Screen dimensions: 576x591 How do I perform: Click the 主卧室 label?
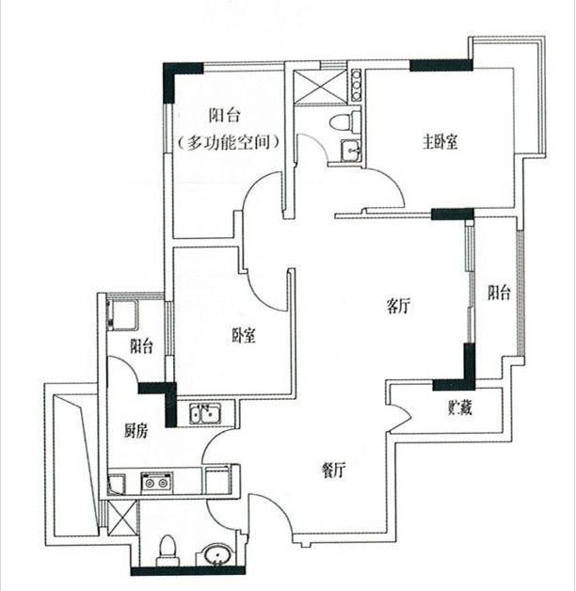pyautogui.click(x=440, y=142)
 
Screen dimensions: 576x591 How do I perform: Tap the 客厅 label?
pyautogui.click(x=398, y=306)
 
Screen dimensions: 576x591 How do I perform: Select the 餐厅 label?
pyautogui.click(x=333, y=471)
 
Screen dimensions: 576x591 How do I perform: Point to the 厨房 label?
pyautogui.click(x=136, y=430)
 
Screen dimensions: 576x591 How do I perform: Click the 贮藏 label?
pyautogui.click(x=460, y=407)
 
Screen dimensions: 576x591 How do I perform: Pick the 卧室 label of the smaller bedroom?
pyautogui.click(x=243, y=335)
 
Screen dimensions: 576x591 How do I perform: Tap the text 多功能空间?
pyautogui.click(x=229, y=142)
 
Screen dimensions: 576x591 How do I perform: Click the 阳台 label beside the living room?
pyautogui.click(x=499, y=293)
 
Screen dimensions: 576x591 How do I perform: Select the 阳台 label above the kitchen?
pyautogui.click(x=142, y=346)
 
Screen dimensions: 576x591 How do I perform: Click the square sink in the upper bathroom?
pyautogui.click(x=351, y=151)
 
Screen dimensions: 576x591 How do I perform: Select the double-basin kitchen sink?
pyautogui.click(x=205, y=413)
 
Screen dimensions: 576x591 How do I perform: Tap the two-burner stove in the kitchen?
pyautogui.click(x=157, y=482)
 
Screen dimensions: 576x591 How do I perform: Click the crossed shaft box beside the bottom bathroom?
pyautogui.click(x=122, y=518)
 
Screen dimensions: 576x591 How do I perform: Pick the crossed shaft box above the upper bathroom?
pyautogui.click(x=320, y=86)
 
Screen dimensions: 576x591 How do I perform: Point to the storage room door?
pyautogui.click(x=399, y=416)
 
